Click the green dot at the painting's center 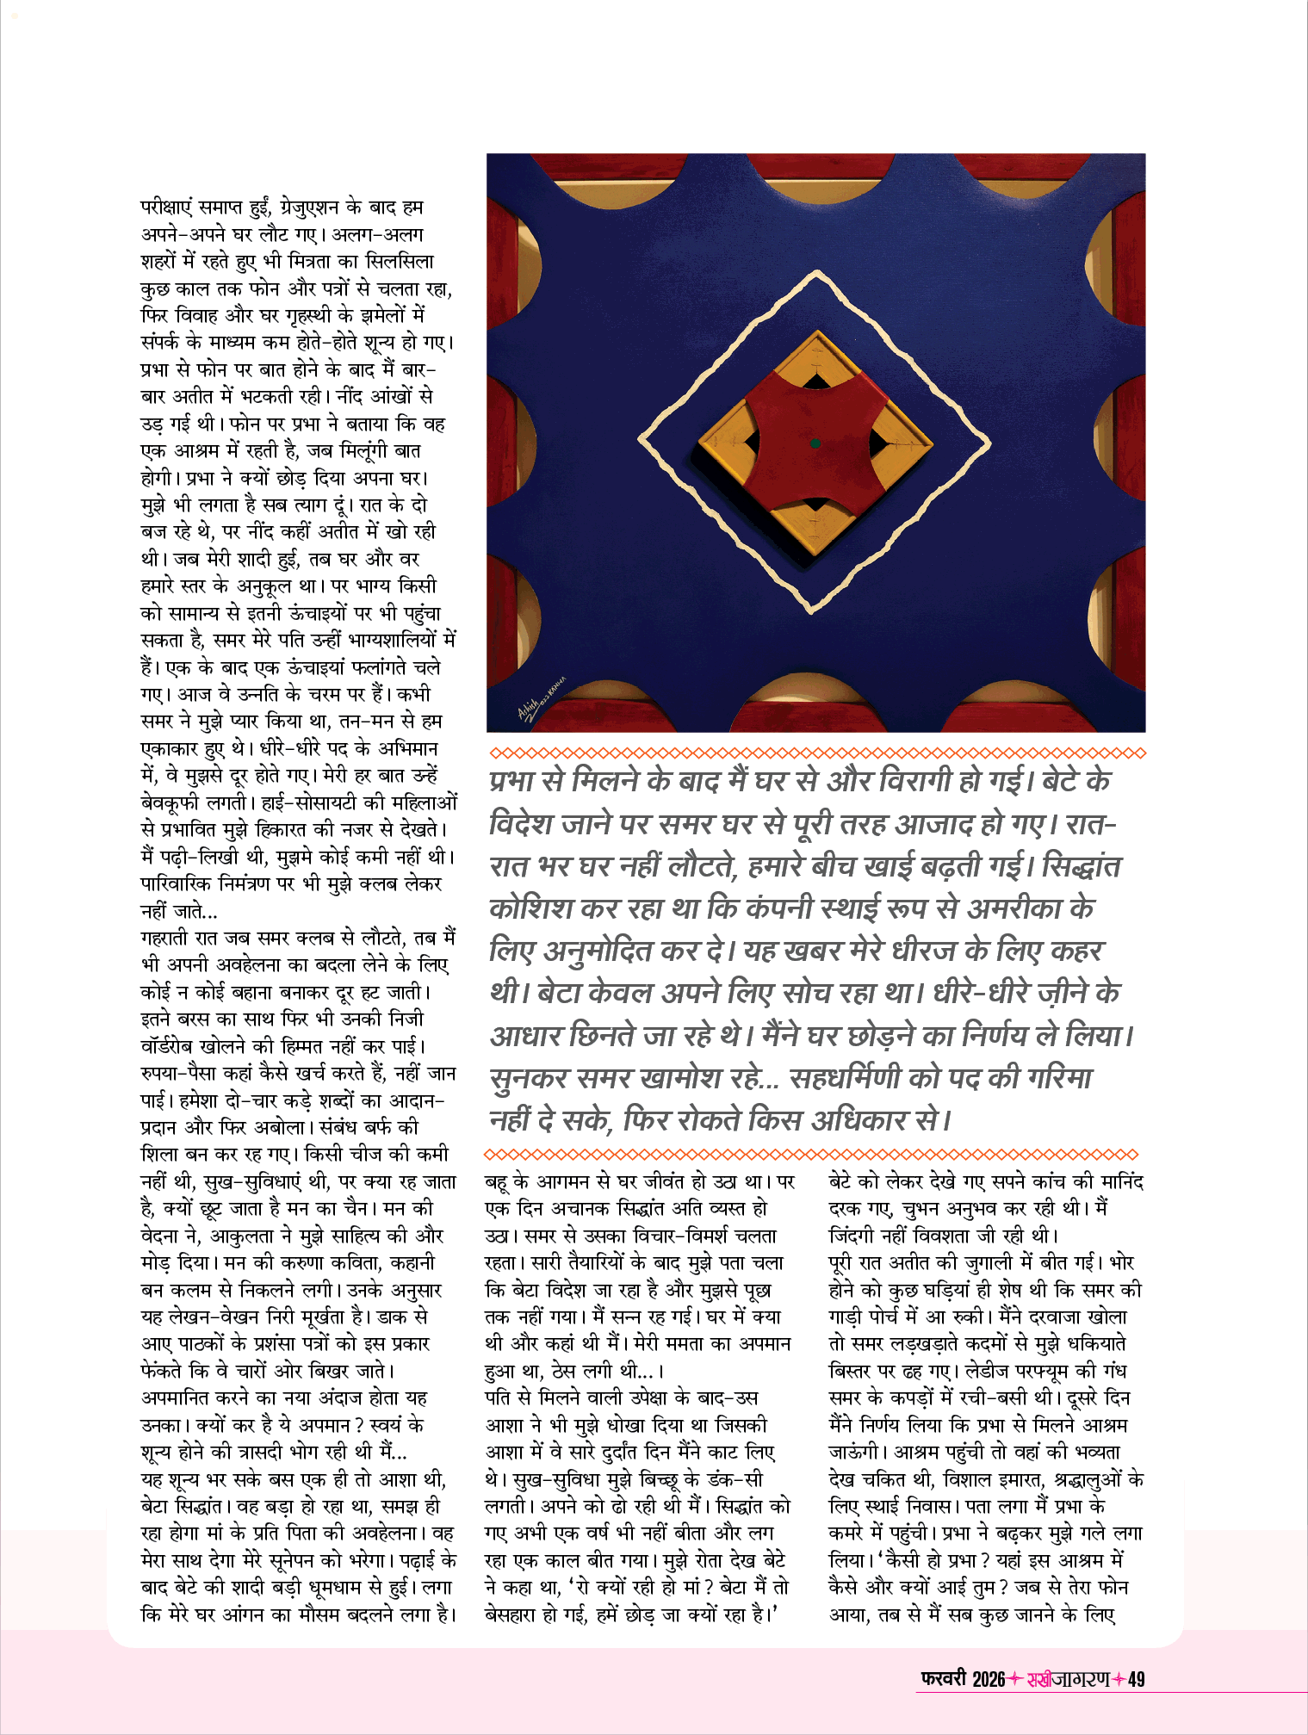(815, 443)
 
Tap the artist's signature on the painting (542, 697)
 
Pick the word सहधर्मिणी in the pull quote (844, 1077)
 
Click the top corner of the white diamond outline (815, 275)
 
